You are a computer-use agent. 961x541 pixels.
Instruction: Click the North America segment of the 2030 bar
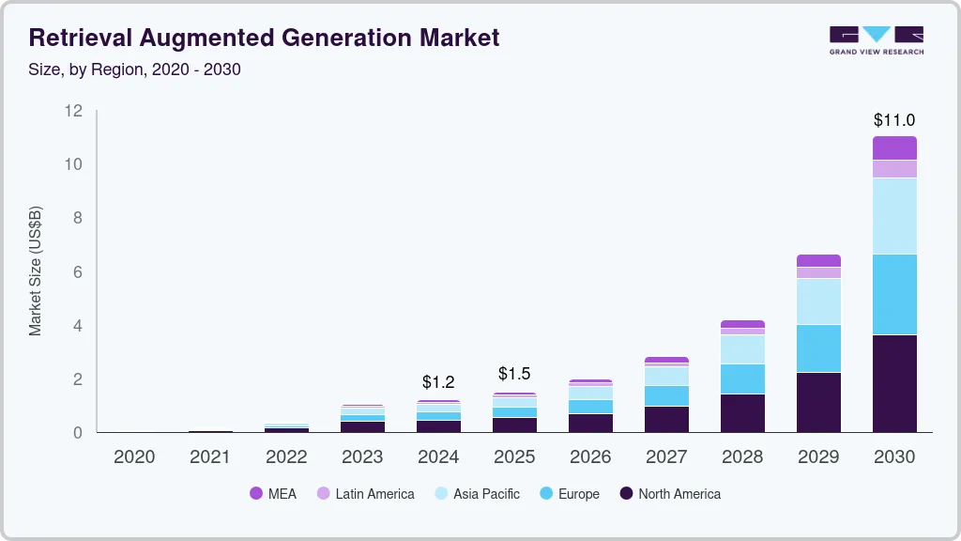tap(894, 383)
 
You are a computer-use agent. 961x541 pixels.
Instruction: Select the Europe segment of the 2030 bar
tap(894, 294)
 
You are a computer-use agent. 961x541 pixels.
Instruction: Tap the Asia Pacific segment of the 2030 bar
tap(894, 216)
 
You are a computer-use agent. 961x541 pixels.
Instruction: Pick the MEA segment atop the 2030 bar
tap(894, 147)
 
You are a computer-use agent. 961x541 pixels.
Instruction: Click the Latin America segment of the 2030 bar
tap(894, 169)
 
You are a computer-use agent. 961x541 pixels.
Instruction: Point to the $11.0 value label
tap(893, 120)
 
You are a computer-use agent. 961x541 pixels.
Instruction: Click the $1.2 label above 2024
tap(438, 382)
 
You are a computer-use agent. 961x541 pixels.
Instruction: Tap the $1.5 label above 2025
tap(514, 374)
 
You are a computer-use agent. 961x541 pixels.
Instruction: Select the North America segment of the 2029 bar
tap(818, 402)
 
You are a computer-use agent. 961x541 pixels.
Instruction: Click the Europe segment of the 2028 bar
tap(742, 379)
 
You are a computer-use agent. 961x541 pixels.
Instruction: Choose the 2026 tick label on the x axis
tap(590, 457)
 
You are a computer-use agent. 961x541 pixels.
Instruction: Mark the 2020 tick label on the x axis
tap(134, 457)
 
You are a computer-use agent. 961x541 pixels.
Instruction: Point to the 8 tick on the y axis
tap(77, 218)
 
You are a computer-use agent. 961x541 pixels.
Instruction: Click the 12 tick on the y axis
tap(73, 111)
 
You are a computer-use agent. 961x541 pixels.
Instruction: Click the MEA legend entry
tap(273, 493)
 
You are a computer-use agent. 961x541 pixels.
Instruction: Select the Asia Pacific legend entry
tap(476, 493)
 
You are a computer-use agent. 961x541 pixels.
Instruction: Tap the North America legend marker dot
tap(626, 493)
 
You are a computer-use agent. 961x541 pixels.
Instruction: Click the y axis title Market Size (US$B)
tap(36, 270)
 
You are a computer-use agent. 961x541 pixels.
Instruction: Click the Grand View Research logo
tap(876, 40)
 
